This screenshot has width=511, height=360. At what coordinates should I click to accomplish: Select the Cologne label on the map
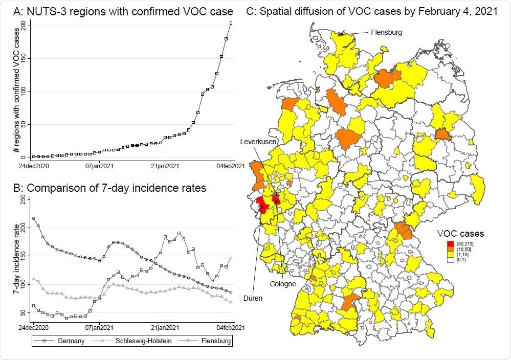283,284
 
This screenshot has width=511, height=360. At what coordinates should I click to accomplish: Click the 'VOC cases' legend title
460,234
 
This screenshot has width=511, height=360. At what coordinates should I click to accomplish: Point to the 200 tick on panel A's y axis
24,26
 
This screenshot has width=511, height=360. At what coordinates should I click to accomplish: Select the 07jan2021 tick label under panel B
99,326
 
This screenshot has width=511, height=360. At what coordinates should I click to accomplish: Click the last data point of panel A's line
231,23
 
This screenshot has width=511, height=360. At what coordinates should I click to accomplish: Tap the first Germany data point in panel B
34,218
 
